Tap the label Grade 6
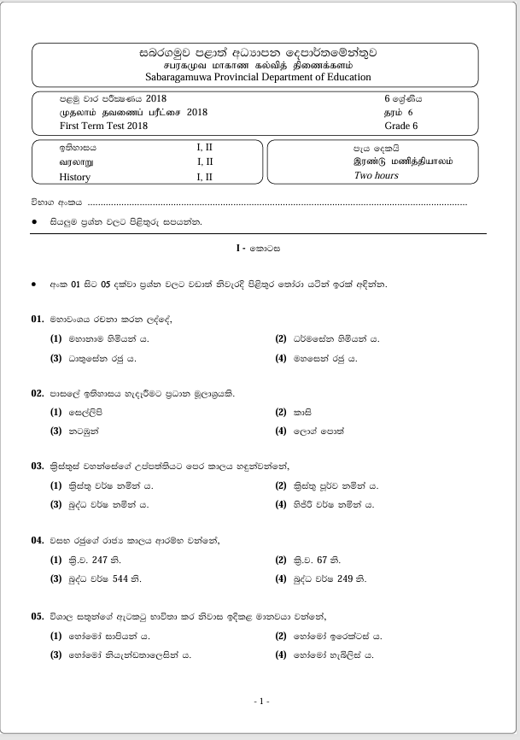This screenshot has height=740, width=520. pos(400,126)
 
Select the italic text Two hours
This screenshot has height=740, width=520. pos(376,175)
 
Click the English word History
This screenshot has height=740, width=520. pos(74,178)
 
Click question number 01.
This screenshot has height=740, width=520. pos(37,319)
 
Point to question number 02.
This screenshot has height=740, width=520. pos(37,393)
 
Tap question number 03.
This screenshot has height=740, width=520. pos(37,466)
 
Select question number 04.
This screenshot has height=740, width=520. pos(37,540)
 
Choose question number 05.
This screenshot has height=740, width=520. pos(37,615)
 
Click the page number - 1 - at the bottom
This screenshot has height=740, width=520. pos(262,702)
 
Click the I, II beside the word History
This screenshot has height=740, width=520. pos(205,178)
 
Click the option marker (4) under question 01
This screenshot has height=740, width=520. pos(281,358)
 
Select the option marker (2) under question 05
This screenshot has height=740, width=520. pos(281,637)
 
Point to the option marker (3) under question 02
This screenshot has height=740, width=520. pos(56,432)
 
